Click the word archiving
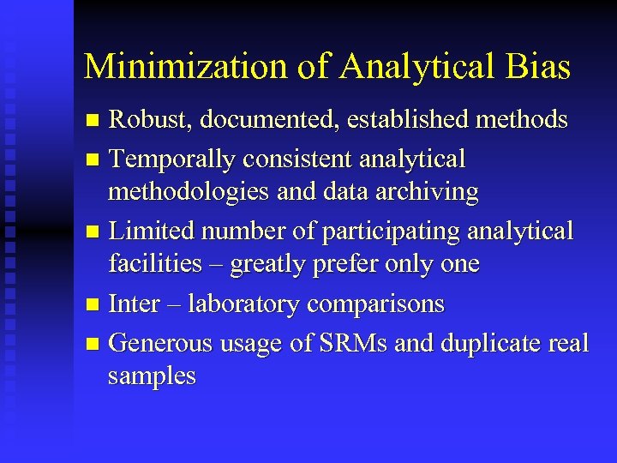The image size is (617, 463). coord(429,192)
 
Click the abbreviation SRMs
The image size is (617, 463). coord(347,343)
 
